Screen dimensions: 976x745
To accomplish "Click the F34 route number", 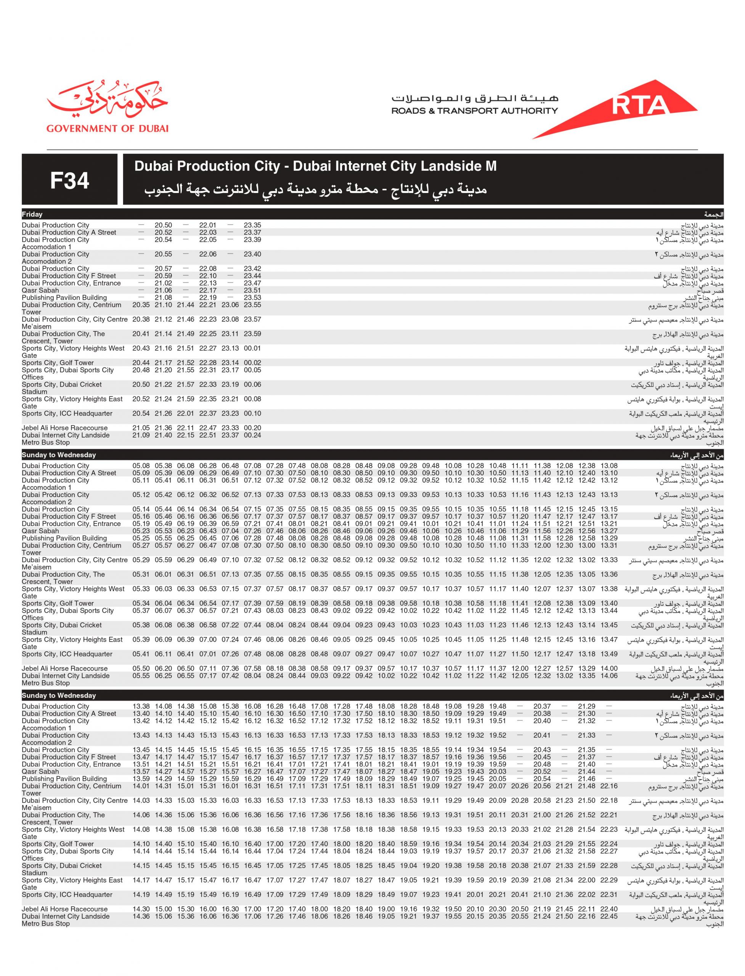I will click(70, 180).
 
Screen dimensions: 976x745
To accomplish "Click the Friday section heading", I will click(32, 215).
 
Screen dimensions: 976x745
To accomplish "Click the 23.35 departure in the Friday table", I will click(252, 225).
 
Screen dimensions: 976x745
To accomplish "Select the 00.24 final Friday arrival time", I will click(252, 435).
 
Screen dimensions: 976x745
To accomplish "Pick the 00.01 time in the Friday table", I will click(252, 348).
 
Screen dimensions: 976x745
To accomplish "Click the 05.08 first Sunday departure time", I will click(141, 466).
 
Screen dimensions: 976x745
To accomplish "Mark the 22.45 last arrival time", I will click(609, 916).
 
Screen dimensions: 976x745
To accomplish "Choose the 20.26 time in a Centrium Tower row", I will click(520, 786).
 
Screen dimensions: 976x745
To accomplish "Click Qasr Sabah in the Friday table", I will click(40, 291).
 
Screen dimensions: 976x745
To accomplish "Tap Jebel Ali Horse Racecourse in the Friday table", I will click(65, 428).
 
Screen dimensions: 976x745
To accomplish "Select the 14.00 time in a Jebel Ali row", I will click(609, 668).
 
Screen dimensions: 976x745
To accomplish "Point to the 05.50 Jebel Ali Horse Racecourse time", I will click(141, 668).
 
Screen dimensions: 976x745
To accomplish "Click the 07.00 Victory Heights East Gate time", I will click(207, 639).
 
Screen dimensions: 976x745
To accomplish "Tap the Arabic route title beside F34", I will click(316, 190).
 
